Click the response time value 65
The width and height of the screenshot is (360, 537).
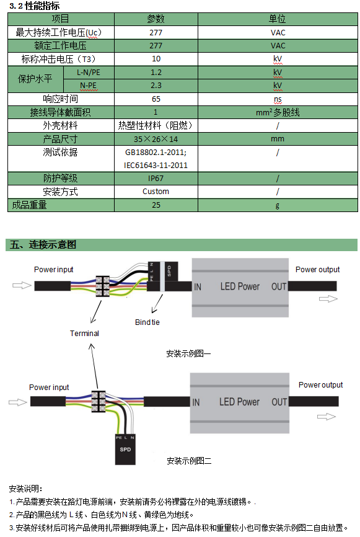click(x=156, y=99)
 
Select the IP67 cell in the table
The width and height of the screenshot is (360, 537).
click(x=156, y=179)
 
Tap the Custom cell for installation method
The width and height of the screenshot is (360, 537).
click(x=156, y=192)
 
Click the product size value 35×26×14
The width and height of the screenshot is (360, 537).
click(x=156, y=139)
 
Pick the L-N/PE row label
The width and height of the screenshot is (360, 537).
click(x=88, y=73)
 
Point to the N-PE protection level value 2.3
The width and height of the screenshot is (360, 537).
click(x=156, y=86)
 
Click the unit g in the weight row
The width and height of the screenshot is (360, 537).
click(x=278, y=205)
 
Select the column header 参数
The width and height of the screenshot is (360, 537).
click(x=156, y=19)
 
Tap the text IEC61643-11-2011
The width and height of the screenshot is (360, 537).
click(x=156, y=166)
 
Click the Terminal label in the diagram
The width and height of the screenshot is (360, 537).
click(x=84, y=333)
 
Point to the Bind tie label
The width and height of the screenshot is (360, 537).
click(x=147, y=322)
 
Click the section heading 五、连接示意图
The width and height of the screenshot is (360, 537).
click(x=43, y=244)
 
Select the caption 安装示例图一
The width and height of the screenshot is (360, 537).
click(x=188, y=353)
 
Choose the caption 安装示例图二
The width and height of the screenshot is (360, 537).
click(x=189, y=461)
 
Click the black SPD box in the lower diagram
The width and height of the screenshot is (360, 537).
click(x=125, y=450)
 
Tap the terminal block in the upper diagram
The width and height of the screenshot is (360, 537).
click(x=102, y=286)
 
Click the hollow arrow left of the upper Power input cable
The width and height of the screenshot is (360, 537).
click(x=22, y=285)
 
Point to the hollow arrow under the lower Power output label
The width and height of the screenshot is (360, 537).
click(x=326, y=417)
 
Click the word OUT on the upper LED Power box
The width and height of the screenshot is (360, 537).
click(x=279, y=286)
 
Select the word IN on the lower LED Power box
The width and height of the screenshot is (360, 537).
click(x=196, y=402)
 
